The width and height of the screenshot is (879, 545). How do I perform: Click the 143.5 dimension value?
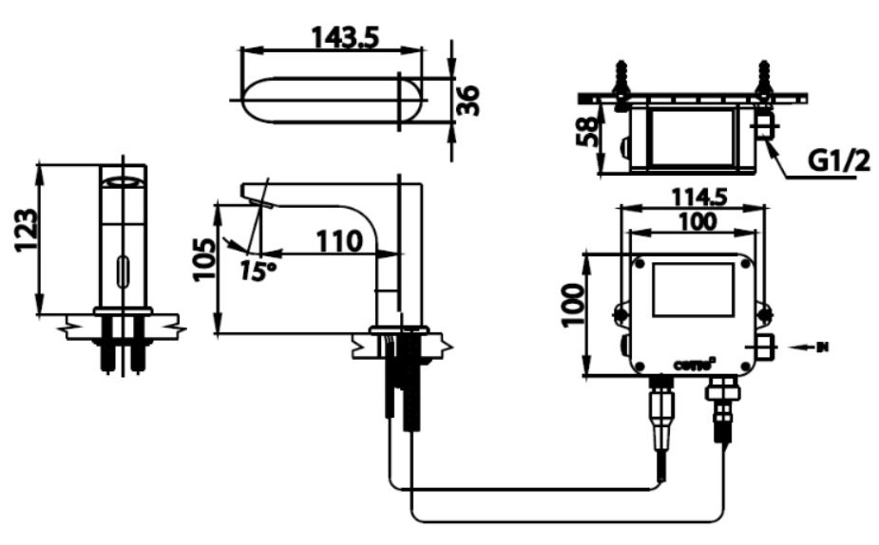coord(345,37)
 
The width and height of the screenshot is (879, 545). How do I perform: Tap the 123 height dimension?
coord(28,231)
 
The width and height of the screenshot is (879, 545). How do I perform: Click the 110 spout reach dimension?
coord(339,241)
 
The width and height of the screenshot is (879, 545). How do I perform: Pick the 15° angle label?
coord(257,271)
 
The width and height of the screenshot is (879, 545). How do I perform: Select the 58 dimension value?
coord(588,132)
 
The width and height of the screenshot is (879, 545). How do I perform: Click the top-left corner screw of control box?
coord(640,263)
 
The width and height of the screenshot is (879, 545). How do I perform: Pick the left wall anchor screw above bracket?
coord(622,79)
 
